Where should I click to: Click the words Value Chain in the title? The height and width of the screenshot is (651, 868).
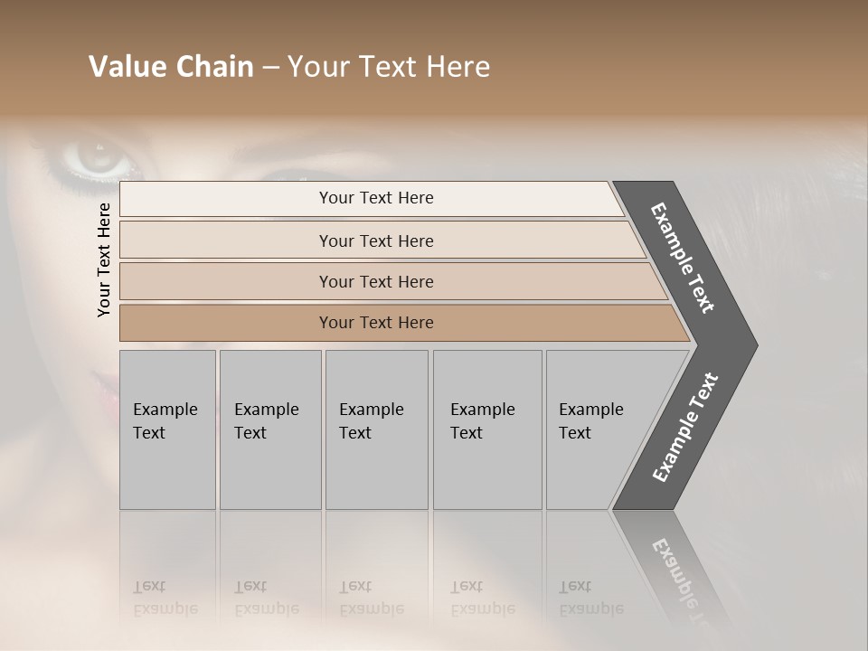[171, 67]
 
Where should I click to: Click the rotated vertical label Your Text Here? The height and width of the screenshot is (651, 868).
[105, 259]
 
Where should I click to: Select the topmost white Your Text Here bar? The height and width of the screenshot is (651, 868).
[375, 198]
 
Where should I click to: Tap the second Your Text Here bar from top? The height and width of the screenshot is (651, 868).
[375, 241]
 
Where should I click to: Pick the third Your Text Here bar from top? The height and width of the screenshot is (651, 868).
[375, 281]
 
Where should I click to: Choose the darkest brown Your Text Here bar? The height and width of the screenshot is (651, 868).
[375, 323]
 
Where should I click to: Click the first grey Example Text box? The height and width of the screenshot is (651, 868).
[167, 429]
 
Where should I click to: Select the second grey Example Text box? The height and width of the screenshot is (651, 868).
[269, 429]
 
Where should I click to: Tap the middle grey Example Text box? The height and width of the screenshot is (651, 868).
[375, 429]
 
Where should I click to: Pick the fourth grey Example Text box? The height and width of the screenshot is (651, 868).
[486, 429]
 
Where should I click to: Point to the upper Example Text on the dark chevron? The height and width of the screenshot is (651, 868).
[684, 259]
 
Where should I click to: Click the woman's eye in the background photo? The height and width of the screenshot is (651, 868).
[98, 158]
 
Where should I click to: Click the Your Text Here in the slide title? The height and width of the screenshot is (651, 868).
[389, 67]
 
